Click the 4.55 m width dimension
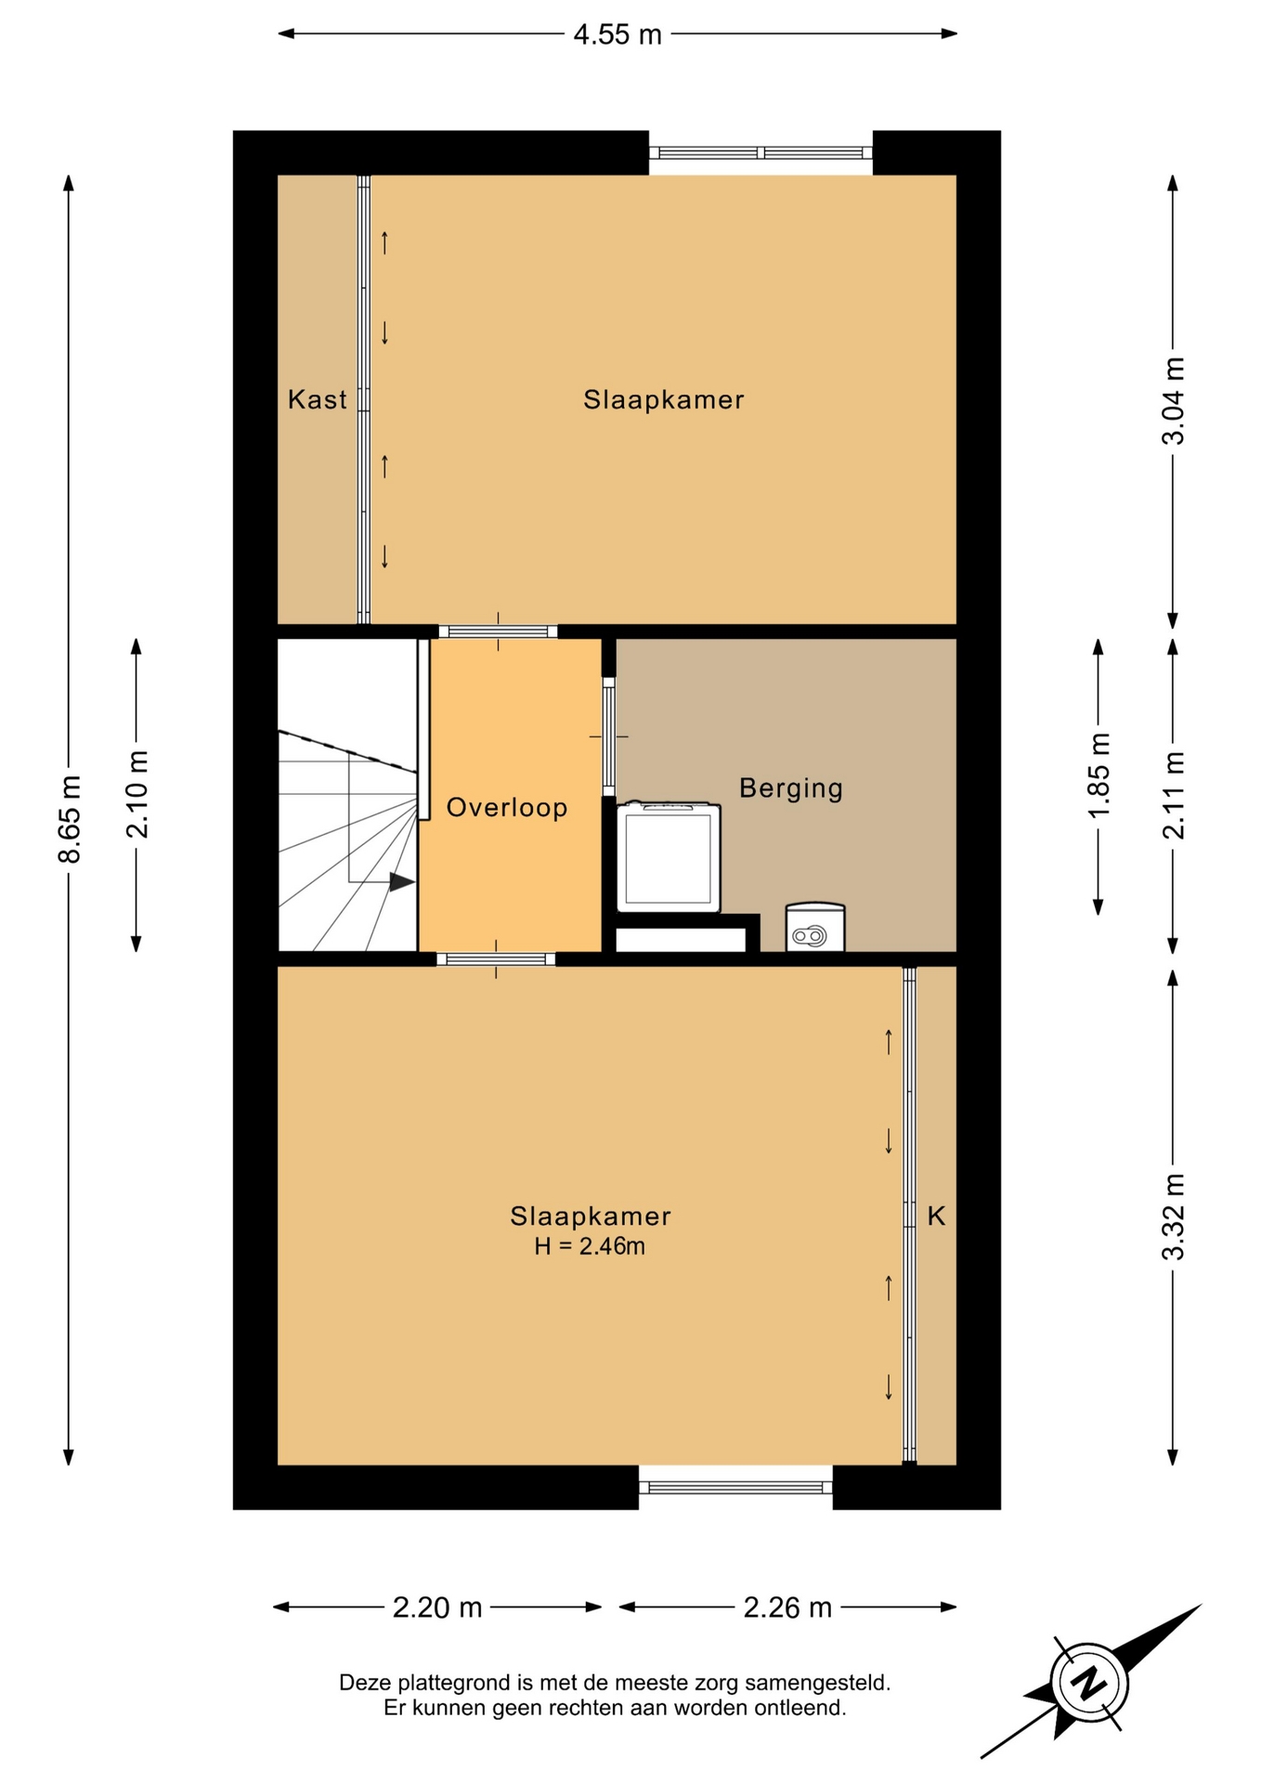click(x=617, y=34)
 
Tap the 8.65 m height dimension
click(x=70, y=819)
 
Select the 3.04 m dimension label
click(x=1174, y=400)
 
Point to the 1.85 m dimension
click(x=1098, y=776)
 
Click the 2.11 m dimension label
click(x=1174, y=795)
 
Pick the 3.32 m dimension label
click(x=1174, y=1217)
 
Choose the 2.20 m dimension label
click(x=437, y=1607)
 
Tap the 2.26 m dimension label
click(x=787, y=1607)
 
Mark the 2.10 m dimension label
click(x=137, y=794)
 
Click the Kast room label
click(x=318, y=400)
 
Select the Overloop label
click(x=507, y=808)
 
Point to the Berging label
click(x=791, y=788)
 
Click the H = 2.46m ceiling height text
click(x=590, y=1246)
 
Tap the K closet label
click(x=936, y=1216)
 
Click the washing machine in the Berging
click(x=669, y=856)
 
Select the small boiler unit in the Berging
click(x=815, y=927)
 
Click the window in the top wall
click(x=760, y=153)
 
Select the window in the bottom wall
click(x=735, y=1488)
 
